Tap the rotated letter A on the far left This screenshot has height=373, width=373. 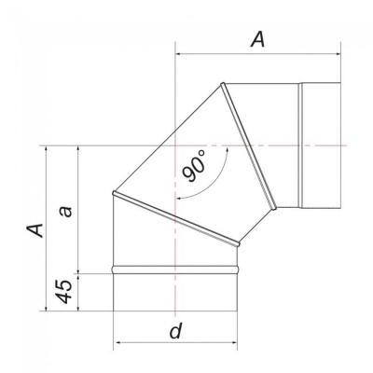click(x=36, y=228)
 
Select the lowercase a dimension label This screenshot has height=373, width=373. click(x=65, y=211)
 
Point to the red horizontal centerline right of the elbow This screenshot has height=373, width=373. click(x=336, y=145)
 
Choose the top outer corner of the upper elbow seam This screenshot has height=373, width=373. click(x=222, y=85)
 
